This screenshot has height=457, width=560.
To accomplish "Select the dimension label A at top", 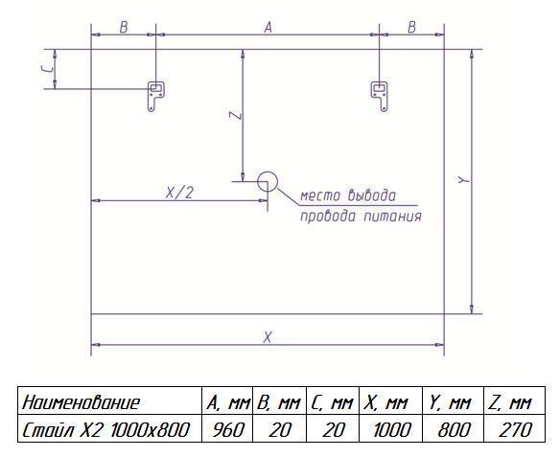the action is point(268,27).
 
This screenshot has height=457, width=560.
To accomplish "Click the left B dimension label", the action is point(123,27).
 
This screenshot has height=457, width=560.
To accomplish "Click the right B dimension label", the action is point(411,27).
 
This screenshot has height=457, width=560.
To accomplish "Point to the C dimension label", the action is point(48,69).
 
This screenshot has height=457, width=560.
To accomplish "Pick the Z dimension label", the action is point(236,115).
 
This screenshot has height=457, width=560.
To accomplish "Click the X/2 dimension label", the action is point(179,193).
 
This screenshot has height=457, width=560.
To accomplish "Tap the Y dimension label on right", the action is point(464,180).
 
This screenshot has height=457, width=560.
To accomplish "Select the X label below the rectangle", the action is point(268,337).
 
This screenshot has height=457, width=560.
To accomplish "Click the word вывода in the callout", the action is point(371,195).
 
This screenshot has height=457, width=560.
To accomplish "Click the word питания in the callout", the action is point(392,217).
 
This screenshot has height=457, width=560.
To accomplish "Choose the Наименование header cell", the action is point(109,400).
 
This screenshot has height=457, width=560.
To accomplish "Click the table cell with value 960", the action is point(227,428).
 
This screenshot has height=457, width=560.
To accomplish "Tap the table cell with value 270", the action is point(514,428).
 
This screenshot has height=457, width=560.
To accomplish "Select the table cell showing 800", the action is point(453,428).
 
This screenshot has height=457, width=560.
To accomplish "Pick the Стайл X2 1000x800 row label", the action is point(105,429).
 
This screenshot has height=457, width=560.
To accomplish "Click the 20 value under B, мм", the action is point(279,428).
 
